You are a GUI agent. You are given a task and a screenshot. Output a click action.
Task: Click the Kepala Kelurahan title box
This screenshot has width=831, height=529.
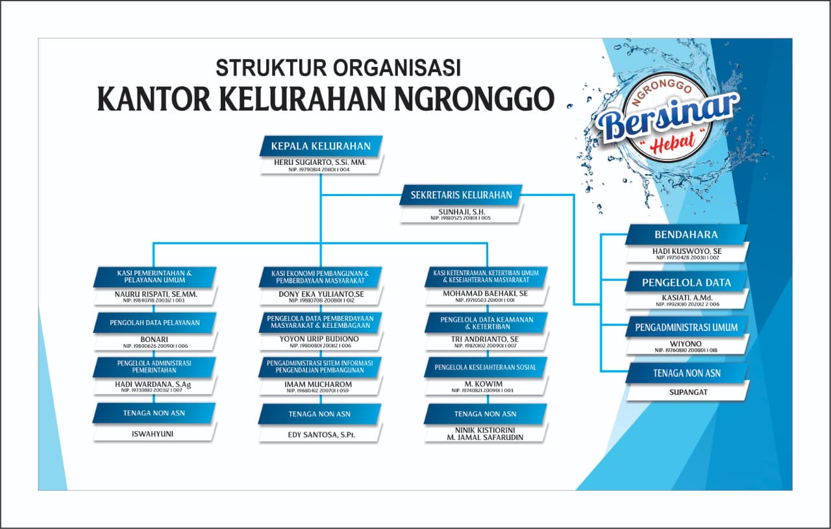click(321, 146)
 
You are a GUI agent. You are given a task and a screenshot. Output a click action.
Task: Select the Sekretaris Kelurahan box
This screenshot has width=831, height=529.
click(461, 195)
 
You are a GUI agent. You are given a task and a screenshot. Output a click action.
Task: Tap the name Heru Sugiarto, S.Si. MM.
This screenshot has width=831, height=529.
click(321, 162)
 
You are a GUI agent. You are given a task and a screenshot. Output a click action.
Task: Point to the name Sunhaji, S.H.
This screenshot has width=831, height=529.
click(461, 212)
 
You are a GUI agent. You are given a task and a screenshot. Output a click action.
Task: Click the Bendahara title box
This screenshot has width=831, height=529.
click(686, 234)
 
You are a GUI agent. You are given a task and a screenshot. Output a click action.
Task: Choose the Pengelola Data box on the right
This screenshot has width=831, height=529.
click(686, 282)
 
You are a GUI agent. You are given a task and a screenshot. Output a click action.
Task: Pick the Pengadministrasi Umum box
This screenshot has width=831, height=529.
click(686, 327)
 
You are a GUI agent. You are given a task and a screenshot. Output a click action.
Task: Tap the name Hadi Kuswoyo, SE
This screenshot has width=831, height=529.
click(687, 251)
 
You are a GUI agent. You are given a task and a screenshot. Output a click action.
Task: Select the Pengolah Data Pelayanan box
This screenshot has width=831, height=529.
click(154, 322)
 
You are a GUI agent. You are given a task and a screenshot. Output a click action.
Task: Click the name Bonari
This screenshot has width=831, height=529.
click(154, 339)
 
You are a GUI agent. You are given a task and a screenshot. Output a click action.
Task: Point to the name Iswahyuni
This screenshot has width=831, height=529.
click(154, 434)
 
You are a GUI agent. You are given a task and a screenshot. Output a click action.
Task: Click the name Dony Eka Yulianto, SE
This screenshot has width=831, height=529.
click(321, 293)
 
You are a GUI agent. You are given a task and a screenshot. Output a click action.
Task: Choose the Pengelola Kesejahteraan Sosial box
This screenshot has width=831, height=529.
click(486, 367)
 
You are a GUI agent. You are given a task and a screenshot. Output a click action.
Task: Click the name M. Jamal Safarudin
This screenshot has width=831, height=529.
click(486, 437)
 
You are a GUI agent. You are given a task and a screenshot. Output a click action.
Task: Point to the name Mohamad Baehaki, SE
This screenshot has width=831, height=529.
click(486, 293)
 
